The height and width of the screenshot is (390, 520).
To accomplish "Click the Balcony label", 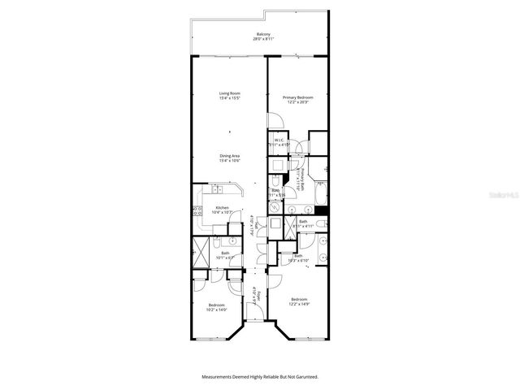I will pos(259,36).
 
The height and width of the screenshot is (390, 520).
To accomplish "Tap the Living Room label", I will pos(229,96).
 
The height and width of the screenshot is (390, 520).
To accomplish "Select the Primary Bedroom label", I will pos(297,100).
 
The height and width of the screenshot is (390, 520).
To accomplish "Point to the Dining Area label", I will pos(229,158).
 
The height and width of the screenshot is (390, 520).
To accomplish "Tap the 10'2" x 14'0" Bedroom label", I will pos(216,307).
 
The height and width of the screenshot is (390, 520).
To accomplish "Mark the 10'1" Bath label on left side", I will pos(226,254).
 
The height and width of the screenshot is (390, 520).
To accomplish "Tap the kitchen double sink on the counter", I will pos(218,189).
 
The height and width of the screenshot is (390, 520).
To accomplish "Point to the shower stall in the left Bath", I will pos(200,250).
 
